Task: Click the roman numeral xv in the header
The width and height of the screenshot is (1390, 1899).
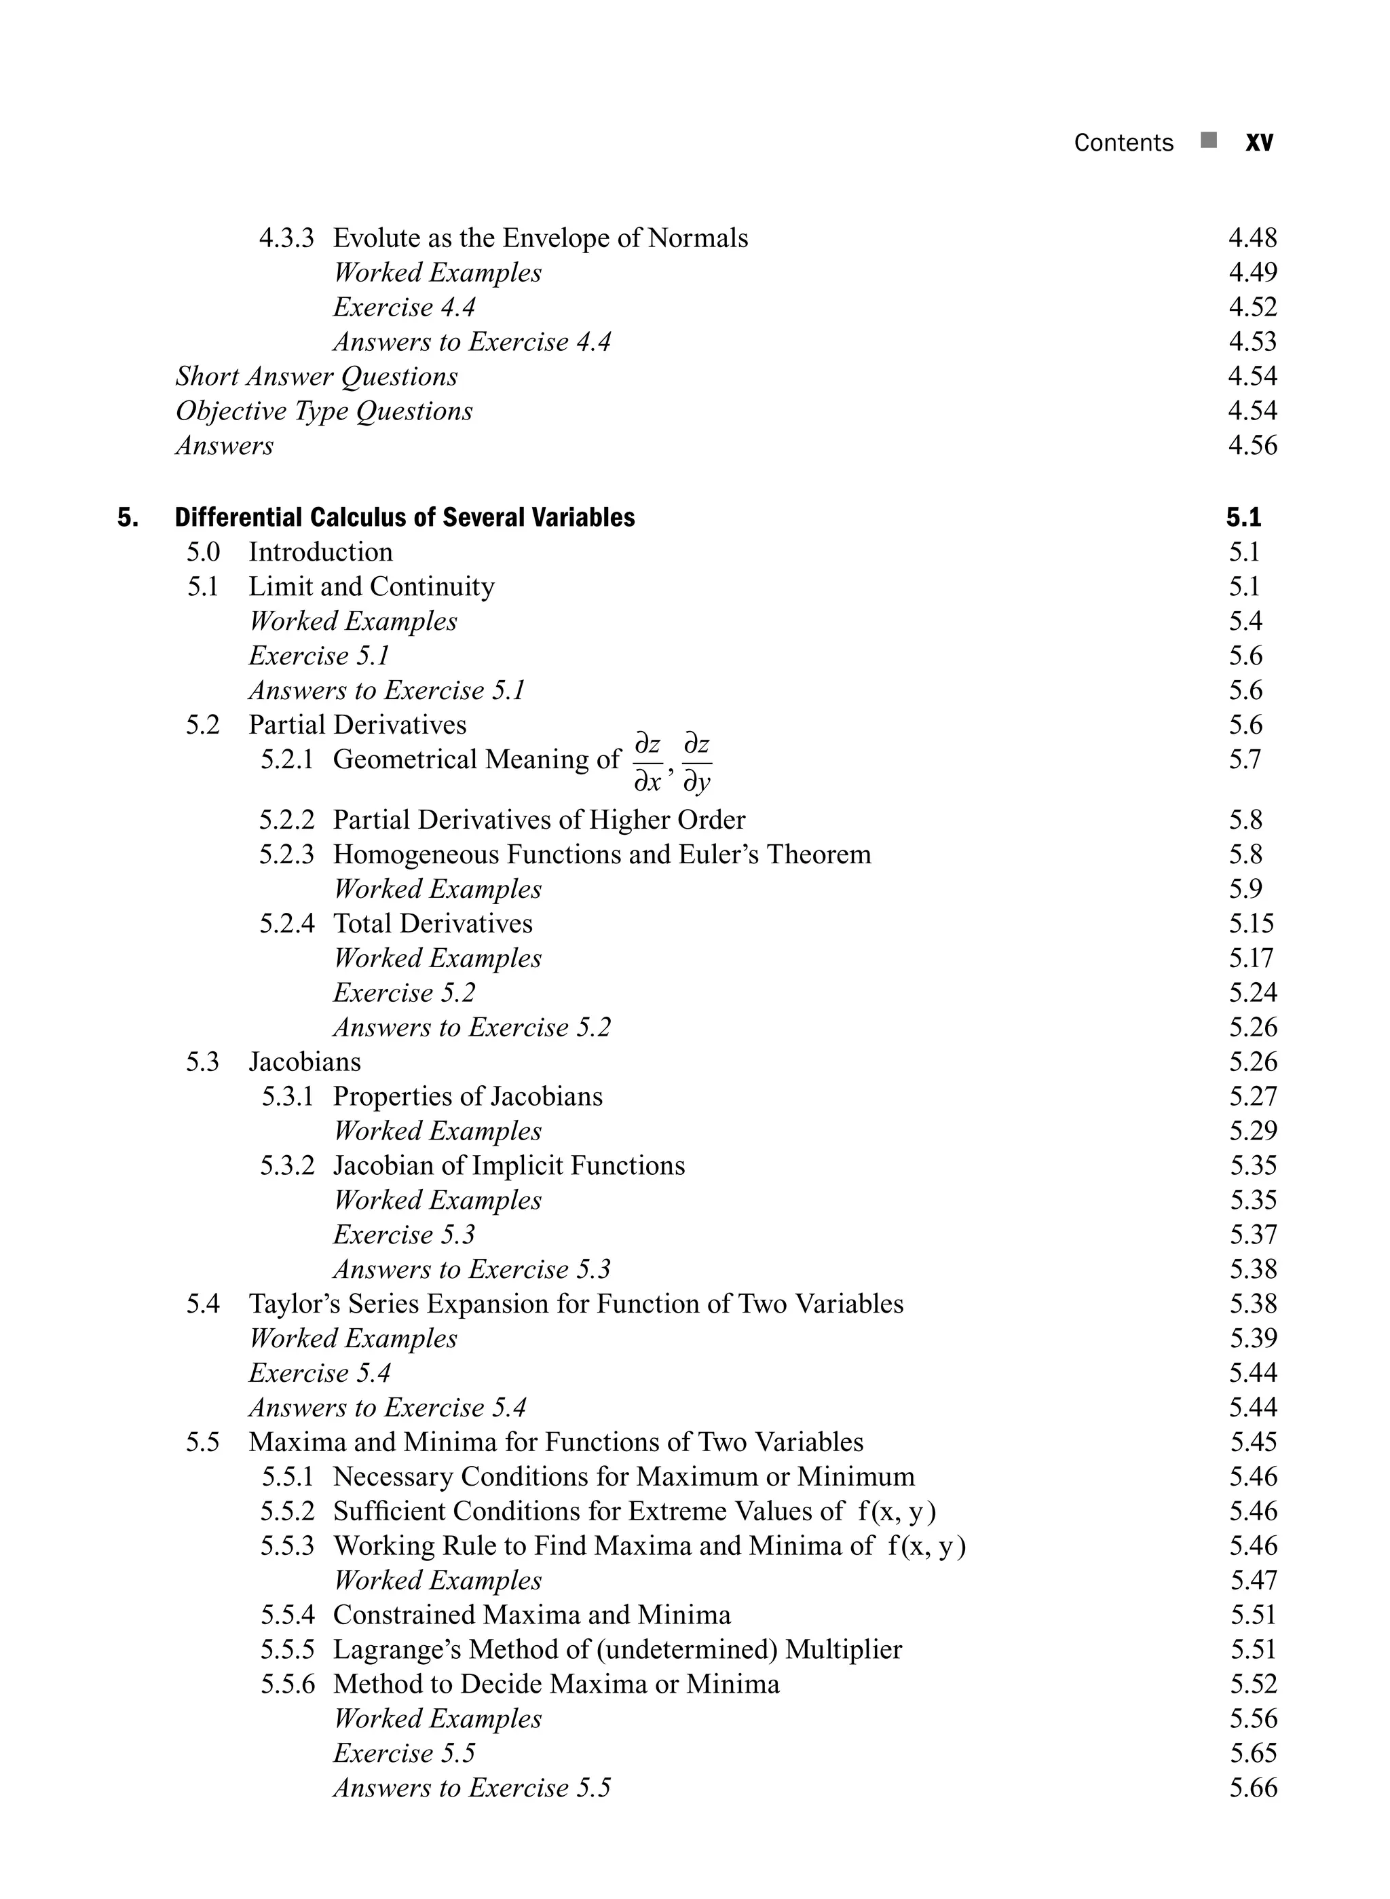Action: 1259,143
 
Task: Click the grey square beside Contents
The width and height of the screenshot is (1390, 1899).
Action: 1209,140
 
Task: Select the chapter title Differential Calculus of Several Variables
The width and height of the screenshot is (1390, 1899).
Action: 405,516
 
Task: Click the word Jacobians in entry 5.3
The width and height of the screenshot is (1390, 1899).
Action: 305,1061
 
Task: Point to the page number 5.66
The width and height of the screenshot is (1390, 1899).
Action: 1252,1787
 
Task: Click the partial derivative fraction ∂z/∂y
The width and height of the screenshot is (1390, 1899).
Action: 696,762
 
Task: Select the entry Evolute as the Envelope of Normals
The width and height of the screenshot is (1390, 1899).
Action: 540,238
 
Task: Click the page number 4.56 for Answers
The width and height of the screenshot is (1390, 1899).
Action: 1252,445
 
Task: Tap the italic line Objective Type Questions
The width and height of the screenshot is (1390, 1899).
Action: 324,411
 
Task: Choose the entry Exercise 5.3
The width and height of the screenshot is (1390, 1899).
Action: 404,1235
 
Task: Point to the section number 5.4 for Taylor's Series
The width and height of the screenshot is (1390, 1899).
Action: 203,1303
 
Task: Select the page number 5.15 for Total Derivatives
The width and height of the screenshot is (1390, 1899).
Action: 1250,923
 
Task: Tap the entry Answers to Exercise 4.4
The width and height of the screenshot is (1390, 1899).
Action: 471,341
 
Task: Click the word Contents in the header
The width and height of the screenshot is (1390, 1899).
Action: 1123,143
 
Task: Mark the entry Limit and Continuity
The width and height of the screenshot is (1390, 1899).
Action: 371,586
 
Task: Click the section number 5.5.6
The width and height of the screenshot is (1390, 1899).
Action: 287,1684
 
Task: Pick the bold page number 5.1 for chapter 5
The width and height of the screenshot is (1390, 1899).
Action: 1243,516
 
